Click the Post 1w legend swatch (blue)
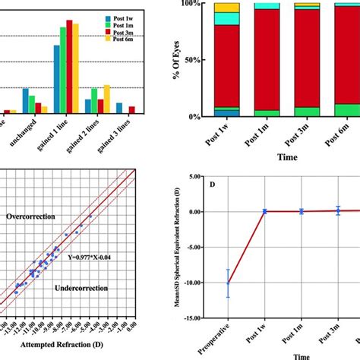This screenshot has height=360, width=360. (x=108, y=15)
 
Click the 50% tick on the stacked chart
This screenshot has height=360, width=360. (x=194, y=60)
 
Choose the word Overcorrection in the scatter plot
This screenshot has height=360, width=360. (x=33, y=216)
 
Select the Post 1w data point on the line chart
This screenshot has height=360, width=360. (x=264, y=212)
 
